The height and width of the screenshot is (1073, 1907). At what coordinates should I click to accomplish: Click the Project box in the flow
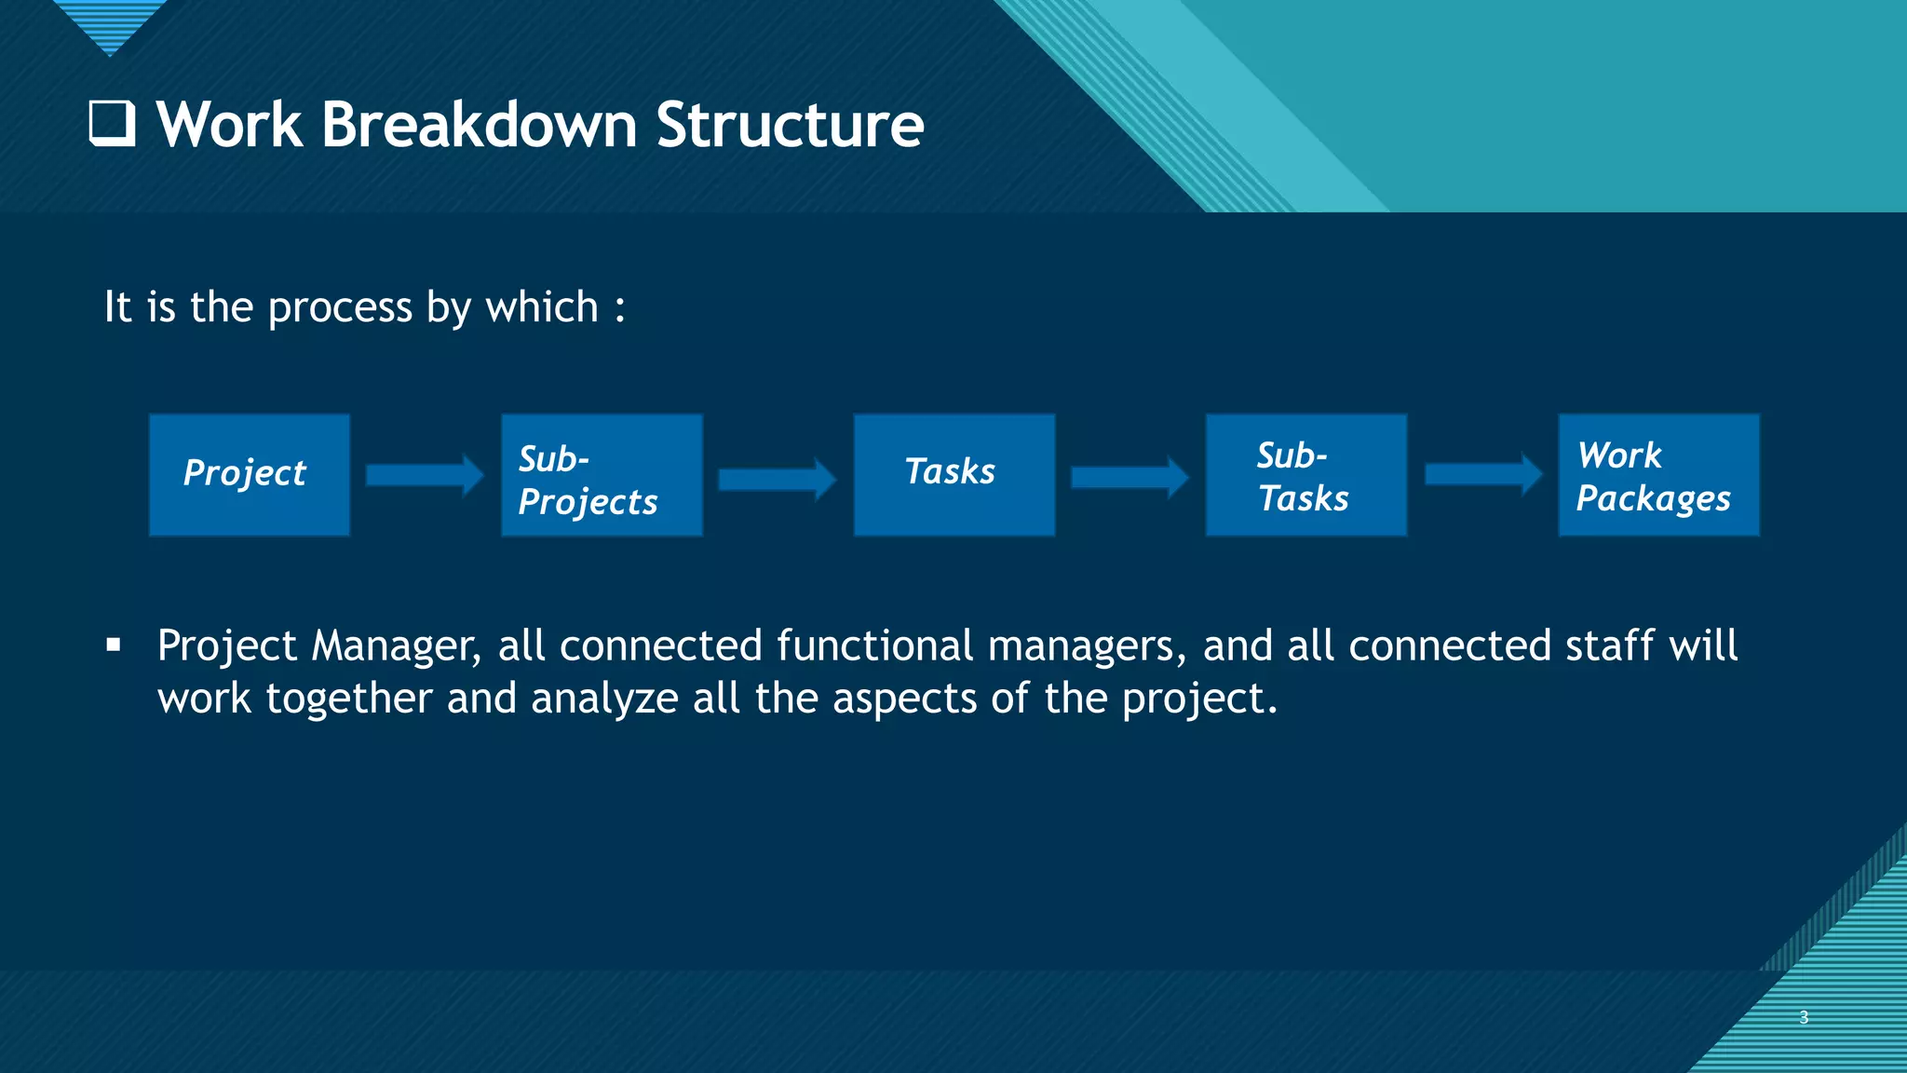pyautogui.click(x=249, y=474)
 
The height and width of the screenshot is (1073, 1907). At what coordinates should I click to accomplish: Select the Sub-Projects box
pyautogui.click(x=602, y=475)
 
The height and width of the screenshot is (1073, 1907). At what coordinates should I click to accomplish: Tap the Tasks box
pyautogui.click(x=953, y=474)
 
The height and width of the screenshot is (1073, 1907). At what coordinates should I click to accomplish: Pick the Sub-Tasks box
pyautogui.click(x=1305, y=475)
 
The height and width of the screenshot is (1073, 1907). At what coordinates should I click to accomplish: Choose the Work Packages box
pyautogui.click(x=1658, y=475)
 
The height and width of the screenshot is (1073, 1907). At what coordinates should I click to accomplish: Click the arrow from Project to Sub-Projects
pyautogui.click(x=425, y=476)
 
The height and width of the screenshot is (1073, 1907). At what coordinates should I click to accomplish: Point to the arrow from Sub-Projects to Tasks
pyautogui.click(x=777, y=479)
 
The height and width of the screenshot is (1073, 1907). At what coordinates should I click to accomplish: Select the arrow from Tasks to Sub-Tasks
pyautogui.click(x=1129, y=478)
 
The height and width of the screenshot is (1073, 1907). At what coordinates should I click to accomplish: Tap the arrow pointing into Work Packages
pyautogui.click(x=1482, y=475)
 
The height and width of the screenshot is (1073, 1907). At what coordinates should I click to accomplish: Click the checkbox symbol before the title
pyautogui.click(x=112, y=124)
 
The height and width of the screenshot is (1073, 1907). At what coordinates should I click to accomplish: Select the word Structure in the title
pyautogui.click(x=790, y=125)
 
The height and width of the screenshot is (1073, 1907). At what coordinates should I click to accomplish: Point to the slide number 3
pyautogui.click(x=1804, y=1017)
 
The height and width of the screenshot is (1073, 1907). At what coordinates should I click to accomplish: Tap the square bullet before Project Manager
pyautogui.click(x=114, y=645)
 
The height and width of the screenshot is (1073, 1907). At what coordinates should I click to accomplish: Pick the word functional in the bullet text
pyautogui.click(x=874, y=646)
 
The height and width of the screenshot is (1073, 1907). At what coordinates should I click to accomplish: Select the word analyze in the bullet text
pyautogui.click(x=604, y=699)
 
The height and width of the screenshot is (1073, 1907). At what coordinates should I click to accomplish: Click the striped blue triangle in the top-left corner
pyautogui.click(x=110, y=23)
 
